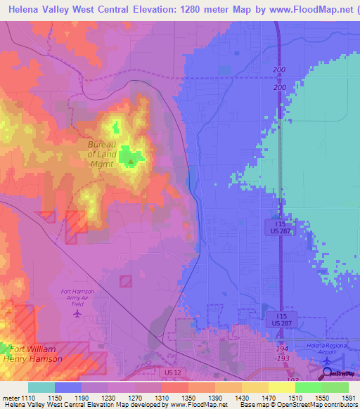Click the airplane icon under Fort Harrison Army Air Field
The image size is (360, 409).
click(77, 313)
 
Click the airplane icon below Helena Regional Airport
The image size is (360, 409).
click(328, 361)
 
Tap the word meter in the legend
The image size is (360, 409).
click(10, 397)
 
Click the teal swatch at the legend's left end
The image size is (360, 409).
click(41, 387)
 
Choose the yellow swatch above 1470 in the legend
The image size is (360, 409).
click(255, 387)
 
